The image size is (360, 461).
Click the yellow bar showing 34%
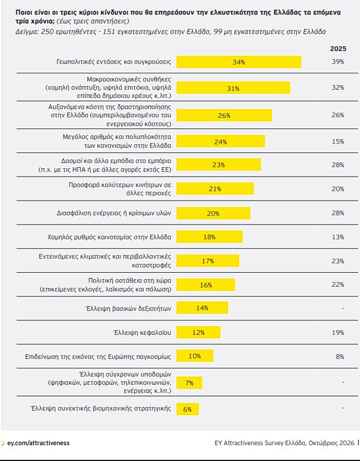239,62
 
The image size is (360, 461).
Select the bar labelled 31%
233,88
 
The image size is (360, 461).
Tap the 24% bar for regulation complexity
220,141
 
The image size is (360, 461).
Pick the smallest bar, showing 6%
188,409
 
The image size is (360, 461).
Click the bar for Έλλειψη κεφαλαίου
198,332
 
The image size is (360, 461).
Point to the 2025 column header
338,49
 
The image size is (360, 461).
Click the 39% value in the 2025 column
338,62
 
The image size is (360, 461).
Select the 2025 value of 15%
338,141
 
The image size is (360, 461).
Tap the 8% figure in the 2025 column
339,357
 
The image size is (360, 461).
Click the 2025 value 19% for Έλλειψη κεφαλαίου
338,332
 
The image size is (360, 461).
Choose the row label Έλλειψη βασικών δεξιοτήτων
128,309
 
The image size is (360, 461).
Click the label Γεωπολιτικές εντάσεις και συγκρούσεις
113,62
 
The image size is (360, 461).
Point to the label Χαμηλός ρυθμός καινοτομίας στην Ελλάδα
109,237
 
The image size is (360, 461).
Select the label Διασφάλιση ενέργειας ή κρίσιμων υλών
114,213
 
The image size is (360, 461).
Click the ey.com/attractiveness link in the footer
38,443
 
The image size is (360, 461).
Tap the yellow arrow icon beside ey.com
3,443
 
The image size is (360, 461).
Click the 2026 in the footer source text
347,443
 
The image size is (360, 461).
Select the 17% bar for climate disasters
208,261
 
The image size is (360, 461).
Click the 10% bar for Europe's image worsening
195,356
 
